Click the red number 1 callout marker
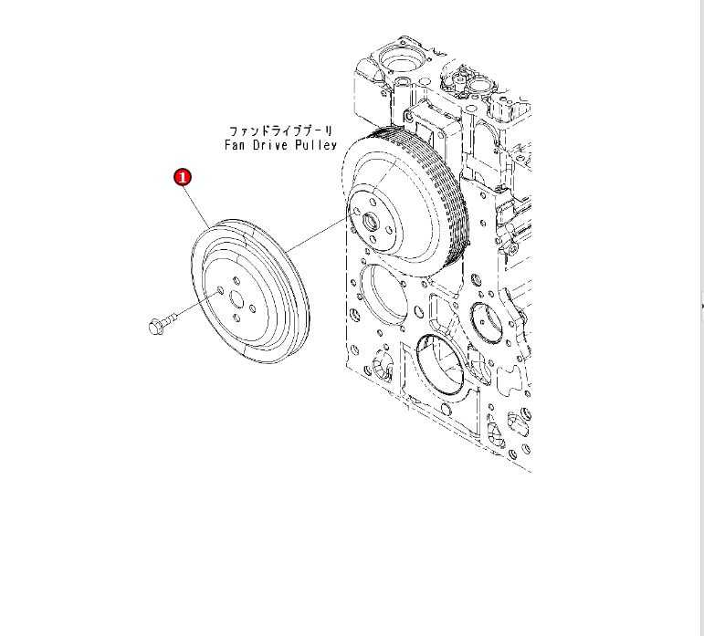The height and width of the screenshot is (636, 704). [x=183, y=177]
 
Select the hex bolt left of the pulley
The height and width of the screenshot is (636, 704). [x=157, y=324]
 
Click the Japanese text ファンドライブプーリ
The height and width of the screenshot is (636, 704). [x=281, y=131]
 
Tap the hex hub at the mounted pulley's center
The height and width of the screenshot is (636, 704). [x=372, y=220]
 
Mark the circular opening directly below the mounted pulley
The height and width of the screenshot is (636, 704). [x=384, y=292]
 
